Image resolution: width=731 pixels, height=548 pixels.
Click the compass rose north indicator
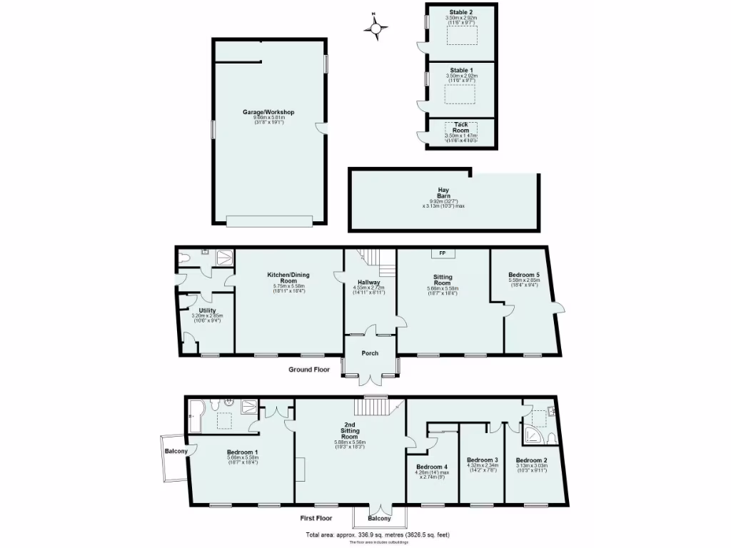tap(377, 28)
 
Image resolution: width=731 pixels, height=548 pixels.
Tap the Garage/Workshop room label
tap(268, 112)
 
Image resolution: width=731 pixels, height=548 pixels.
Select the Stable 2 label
tap(461, 12)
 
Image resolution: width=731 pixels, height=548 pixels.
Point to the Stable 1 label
tap(461, 70)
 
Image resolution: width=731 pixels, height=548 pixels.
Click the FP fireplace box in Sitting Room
tap(442, 253)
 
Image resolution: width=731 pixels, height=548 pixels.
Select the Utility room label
tap(208, 310)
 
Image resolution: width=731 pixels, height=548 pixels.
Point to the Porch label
tap(370, 353)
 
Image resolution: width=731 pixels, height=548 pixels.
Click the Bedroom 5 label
tap(524, 275)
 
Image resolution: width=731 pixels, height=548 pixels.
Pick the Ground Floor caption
tap(309, 370)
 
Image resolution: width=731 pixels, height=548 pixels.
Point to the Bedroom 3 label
tap(482, 460)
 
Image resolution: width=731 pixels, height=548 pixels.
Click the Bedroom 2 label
tap(532, 460)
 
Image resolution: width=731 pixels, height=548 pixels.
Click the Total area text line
tap(378, 534)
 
